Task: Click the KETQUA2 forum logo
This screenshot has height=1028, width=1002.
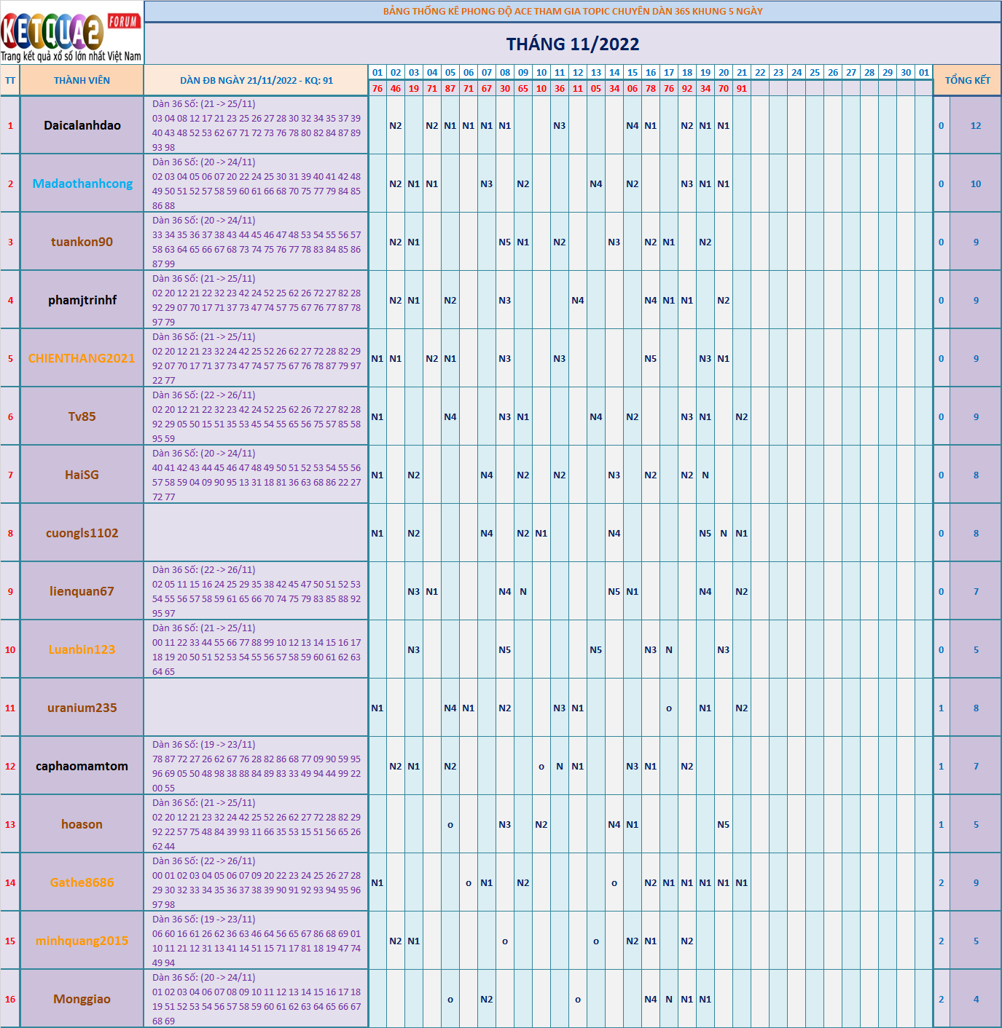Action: click(71, 33)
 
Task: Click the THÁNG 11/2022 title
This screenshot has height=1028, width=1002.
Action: click(573, 44)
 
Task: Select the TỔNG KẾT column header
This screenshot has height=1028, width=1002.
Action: click(967, 80)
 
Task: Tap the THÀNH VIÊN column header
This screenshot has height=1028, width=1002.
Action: click(82, 80)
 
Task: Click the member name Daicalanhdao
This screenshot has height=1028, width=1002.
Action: click(82, 125)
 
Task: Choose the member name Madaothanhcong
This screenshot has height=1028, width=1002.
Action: click(82, 183)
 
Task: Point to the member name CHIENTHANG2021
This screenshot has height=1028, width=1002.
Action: click(82, 358)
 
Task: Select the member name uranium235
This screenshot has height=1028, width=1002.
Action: click(82, 708)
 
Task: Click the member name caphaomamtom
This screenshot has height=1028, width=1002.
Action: click(82, 766)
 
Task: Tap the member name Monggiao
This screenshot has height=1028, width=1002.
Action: click(82, 999)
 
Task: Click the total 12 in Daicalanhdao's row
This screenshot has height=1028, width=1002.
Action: click(976, 125)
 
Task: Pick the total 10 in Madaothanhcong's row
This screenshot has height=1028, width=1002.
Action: click(976, 183)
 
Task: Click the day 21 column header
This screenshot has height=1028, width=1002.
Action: click(742, 72)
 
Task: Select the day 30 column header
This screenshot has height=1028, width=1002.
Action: click(906, 72)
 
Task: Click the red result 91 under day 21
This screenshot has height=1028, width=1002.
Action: click(742, 88)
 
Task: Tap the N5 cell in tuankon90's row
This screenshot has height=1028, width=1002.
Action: click(505, 242)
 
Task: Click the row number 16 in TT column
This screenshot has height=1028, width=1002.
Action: click(10, 999)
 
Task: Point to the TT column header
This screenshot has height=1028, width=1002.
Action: click(10, 80)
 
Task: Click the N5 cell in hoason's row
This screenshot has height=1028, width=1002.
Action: click(724, 824)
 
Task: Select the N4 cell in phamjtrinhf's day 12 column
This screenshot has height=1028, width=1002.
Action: click(578, 300)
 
